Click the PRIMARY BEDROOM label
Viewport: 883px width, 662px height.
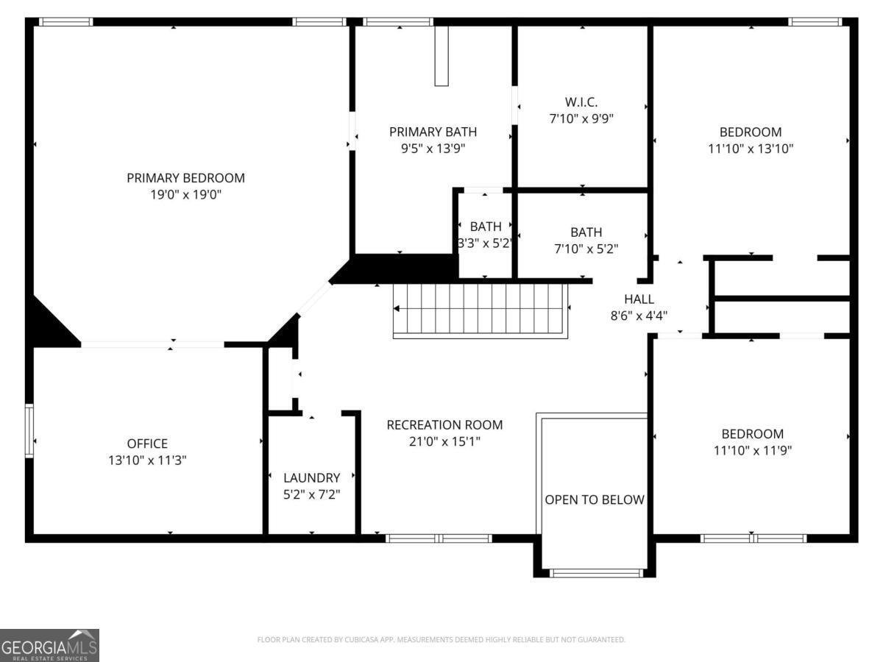(x=185, y=178)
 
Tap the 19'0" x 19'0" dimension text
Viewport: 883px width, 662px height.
(x=185, y=195)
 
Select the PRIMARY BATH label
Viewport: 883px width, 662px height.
(x=433, y=132)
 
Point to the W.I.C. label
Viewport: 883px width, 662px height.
(x=581, y=102)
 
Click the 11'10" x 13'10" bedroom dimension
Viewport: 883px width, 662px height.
(x=751, y=149)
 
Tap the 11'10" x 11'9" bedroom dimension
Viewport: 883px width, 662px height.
(x=752, y=450)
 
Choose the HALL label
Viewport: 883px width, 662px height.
(x=639, y=299)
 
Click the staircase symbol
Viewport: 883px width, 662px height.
(x=482, y=310)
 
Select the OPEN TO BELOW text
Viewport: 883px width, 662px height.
(x=595, y=500)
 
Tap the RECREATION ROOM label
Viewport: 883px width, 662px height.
(x=444, y=425)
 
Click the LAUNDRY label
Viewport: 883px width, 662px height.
(x=312, y=477)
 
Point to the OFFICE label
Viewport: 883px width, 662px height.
(x=147, y=444)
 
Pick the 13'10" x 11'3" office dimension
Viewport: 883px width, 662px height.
(x=147, y=460)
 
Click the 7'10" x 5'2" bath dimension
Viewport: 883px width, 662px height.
(x=586, y=249)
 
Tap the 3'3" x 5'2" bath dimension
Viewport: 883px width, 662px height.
(x=485, y=243)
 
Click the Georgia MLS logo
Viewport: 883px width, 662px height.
(x=49, y=645)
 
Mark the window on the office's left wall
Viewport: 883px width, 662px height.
(x=29, y=430)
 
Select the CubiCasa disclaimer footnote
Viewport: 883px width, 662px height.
(x=441, y=640)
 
